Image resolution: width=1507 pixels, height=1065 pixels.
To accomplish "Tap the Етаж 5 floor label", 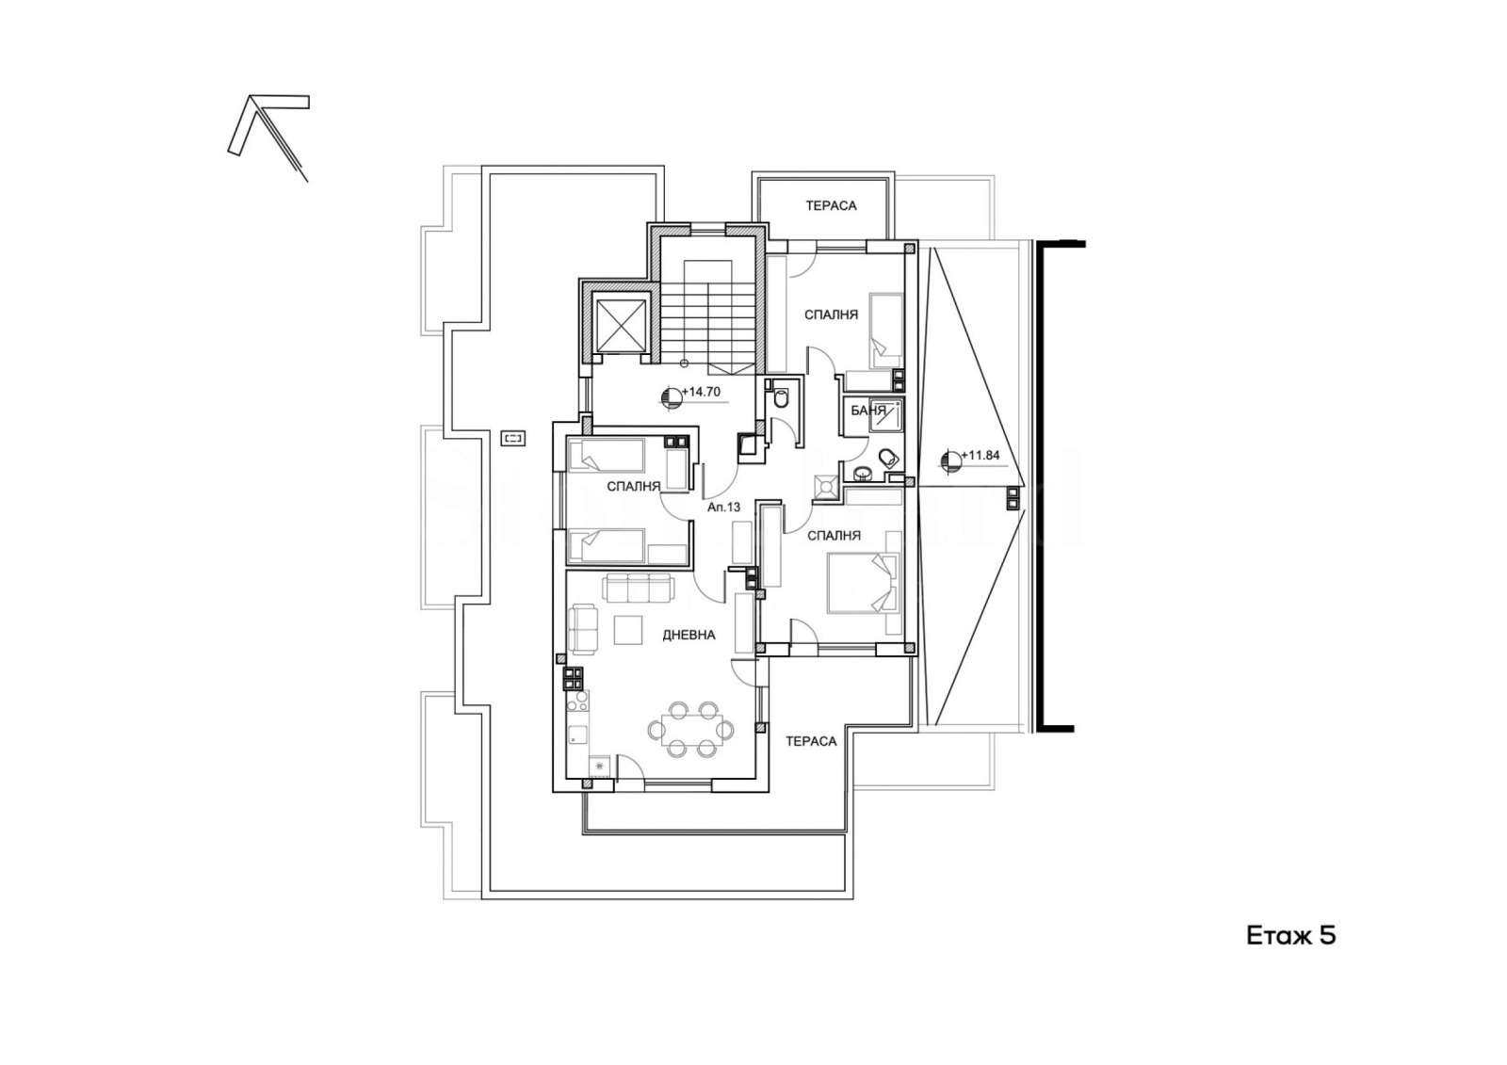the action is coord(1291,937).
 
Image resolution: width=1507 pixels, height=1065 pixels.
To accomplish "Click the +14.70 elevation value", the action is coord(701,392).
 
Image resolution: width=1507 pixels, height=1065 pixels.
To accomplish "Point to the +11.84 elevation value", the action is coord(980,456).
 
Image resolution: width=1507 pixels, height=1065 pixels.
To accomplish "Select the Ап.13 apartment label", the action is coord(724,508).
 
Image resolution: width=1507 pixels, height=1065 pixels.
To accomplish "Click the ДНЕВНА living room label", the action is coord(689,635).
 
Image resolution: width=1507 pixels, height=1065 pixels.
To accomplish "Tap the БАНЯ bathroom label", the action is coord(863,411).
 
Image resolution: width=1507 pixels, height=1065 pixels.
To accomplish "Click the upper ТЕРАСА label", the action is coord(831,206).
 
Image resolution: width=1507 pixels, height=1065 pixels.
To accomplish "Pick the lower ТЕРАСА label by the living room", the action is coord(811,741).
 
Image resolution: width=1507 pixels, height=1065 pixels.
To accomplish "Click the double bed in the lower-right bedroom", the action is coord(863,583).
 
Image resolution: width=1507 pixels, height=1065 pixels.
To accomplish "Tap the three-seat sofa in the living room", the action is coord(638,588).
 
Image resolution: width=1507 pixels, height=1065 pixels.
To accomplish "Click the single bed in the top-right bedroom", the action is coord(886,331).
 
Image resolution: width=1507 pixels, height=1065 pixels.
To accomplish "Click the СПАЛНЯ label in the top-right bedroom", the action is coord(831,315).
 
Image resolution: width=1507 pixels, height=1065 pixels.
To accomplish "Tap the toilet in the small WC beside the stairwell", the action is coord(781,397).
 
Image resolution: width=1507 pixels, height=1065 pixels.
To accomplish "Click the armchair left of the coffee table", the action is coord(583,629).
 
